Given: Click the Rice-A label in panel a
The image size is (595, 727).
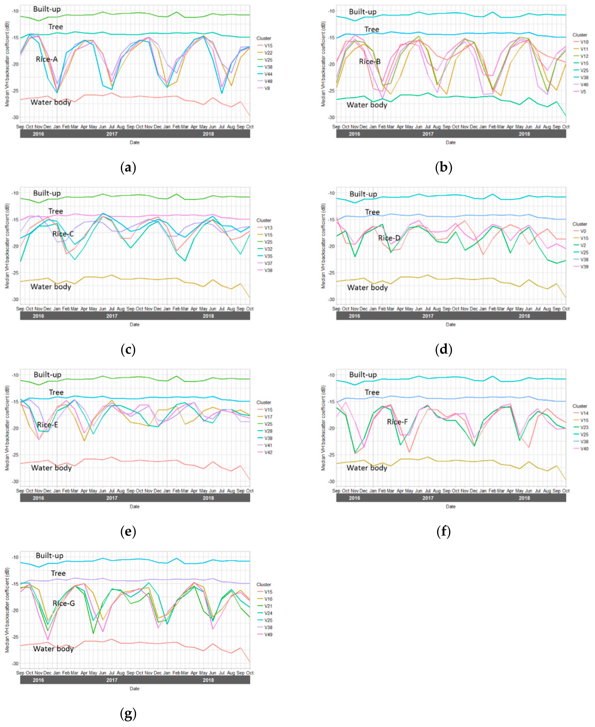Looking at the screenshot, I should [47, 59].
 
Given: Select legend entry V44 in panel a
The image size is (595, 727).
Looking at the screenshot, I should [268, 74].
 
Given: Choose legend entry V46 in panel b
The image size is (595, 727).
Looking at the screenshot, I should [584, 85].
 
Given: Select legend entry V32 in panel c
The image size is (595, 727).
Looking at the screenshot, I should [268, 249].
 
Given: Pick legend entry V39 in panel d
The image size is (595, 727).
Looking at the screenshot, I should [584, 267].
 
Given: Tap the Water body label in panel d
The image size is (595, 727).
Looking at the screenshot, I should [367, 287].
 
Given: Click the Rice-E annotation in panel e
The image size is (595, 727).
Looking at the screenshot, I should [48, 425].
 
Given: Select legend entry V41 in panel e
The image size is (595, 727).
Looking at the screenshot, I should [268, 445].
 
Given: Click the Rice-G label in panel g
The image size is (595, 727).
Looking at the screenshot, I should [64, 603].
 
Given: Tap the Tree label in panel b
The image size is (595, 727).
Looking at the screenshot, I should [372, 30].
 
